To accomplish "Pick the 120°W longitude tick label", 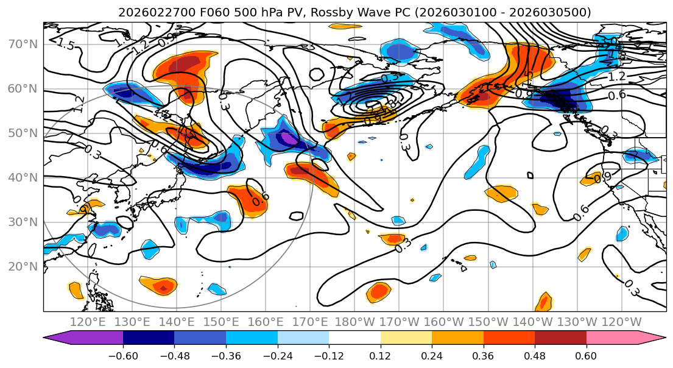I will pyautogui.click(x=621, y=322).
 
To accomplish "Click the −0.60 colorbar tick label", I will pyautogui.click(x=122, y=355).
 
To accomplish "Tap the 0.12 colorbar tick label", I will pyautogui.click(x=380, y=355).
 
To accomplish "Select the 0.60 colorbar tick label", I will pyautogui.click(x=586, y=355).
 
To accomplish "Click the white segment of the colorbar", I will pyautogui.click(x=354, y=338).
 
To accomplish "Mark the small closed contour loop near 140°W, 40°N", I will pyautogui.click(x=530, y=175).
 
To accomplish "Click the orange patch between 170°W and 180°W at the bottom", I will pyautogui.click(x=379, y=292).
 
